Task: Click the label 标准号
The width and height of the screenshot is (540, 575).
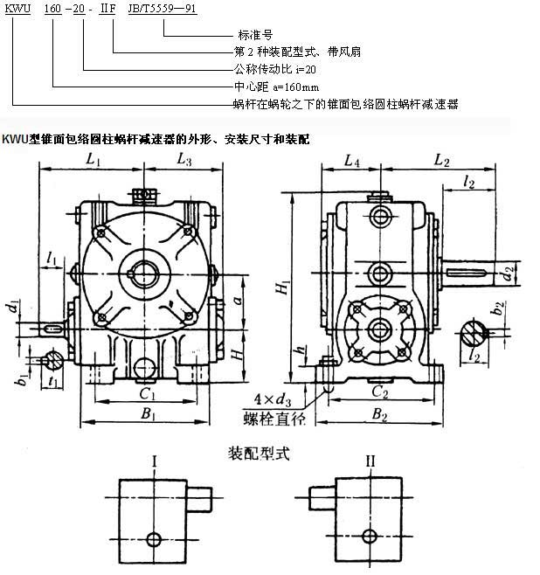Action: [244, 36]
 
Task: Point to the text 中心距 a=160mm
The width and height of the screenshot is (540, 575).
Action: [272, 87]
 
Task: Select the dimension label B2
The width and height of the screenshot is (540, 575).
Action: [379, 416]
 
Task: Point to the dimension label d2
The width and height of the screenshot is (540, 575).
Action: [507, 276]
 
